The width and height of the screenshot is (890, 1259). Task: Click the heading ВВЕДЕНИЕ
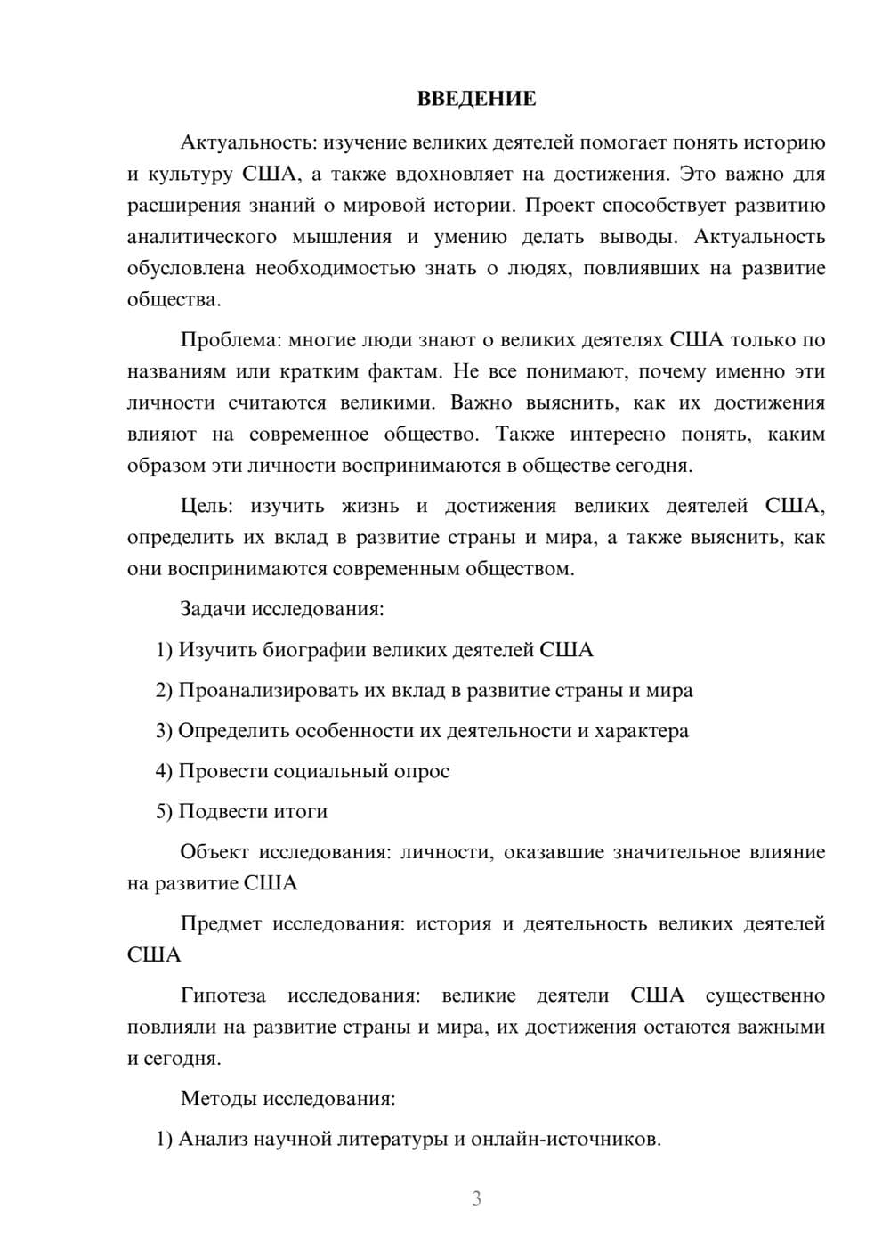[476, 99]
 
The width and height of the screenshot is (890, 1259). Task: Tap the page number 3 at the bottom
[476, 1198]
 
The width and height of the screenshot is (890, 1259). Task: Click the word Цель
[206, 507]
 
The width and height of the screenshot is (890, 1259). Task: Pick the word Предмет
[221, 923]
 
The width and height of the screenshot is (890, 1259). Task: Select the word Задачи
[213, 610]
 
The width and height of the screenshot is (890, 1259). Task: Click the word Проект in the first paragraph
[558, 206]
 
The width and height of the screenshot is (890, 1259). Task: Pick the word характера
[641, 731]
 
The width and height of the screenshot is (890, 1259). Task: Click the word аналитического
[202, 237]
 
